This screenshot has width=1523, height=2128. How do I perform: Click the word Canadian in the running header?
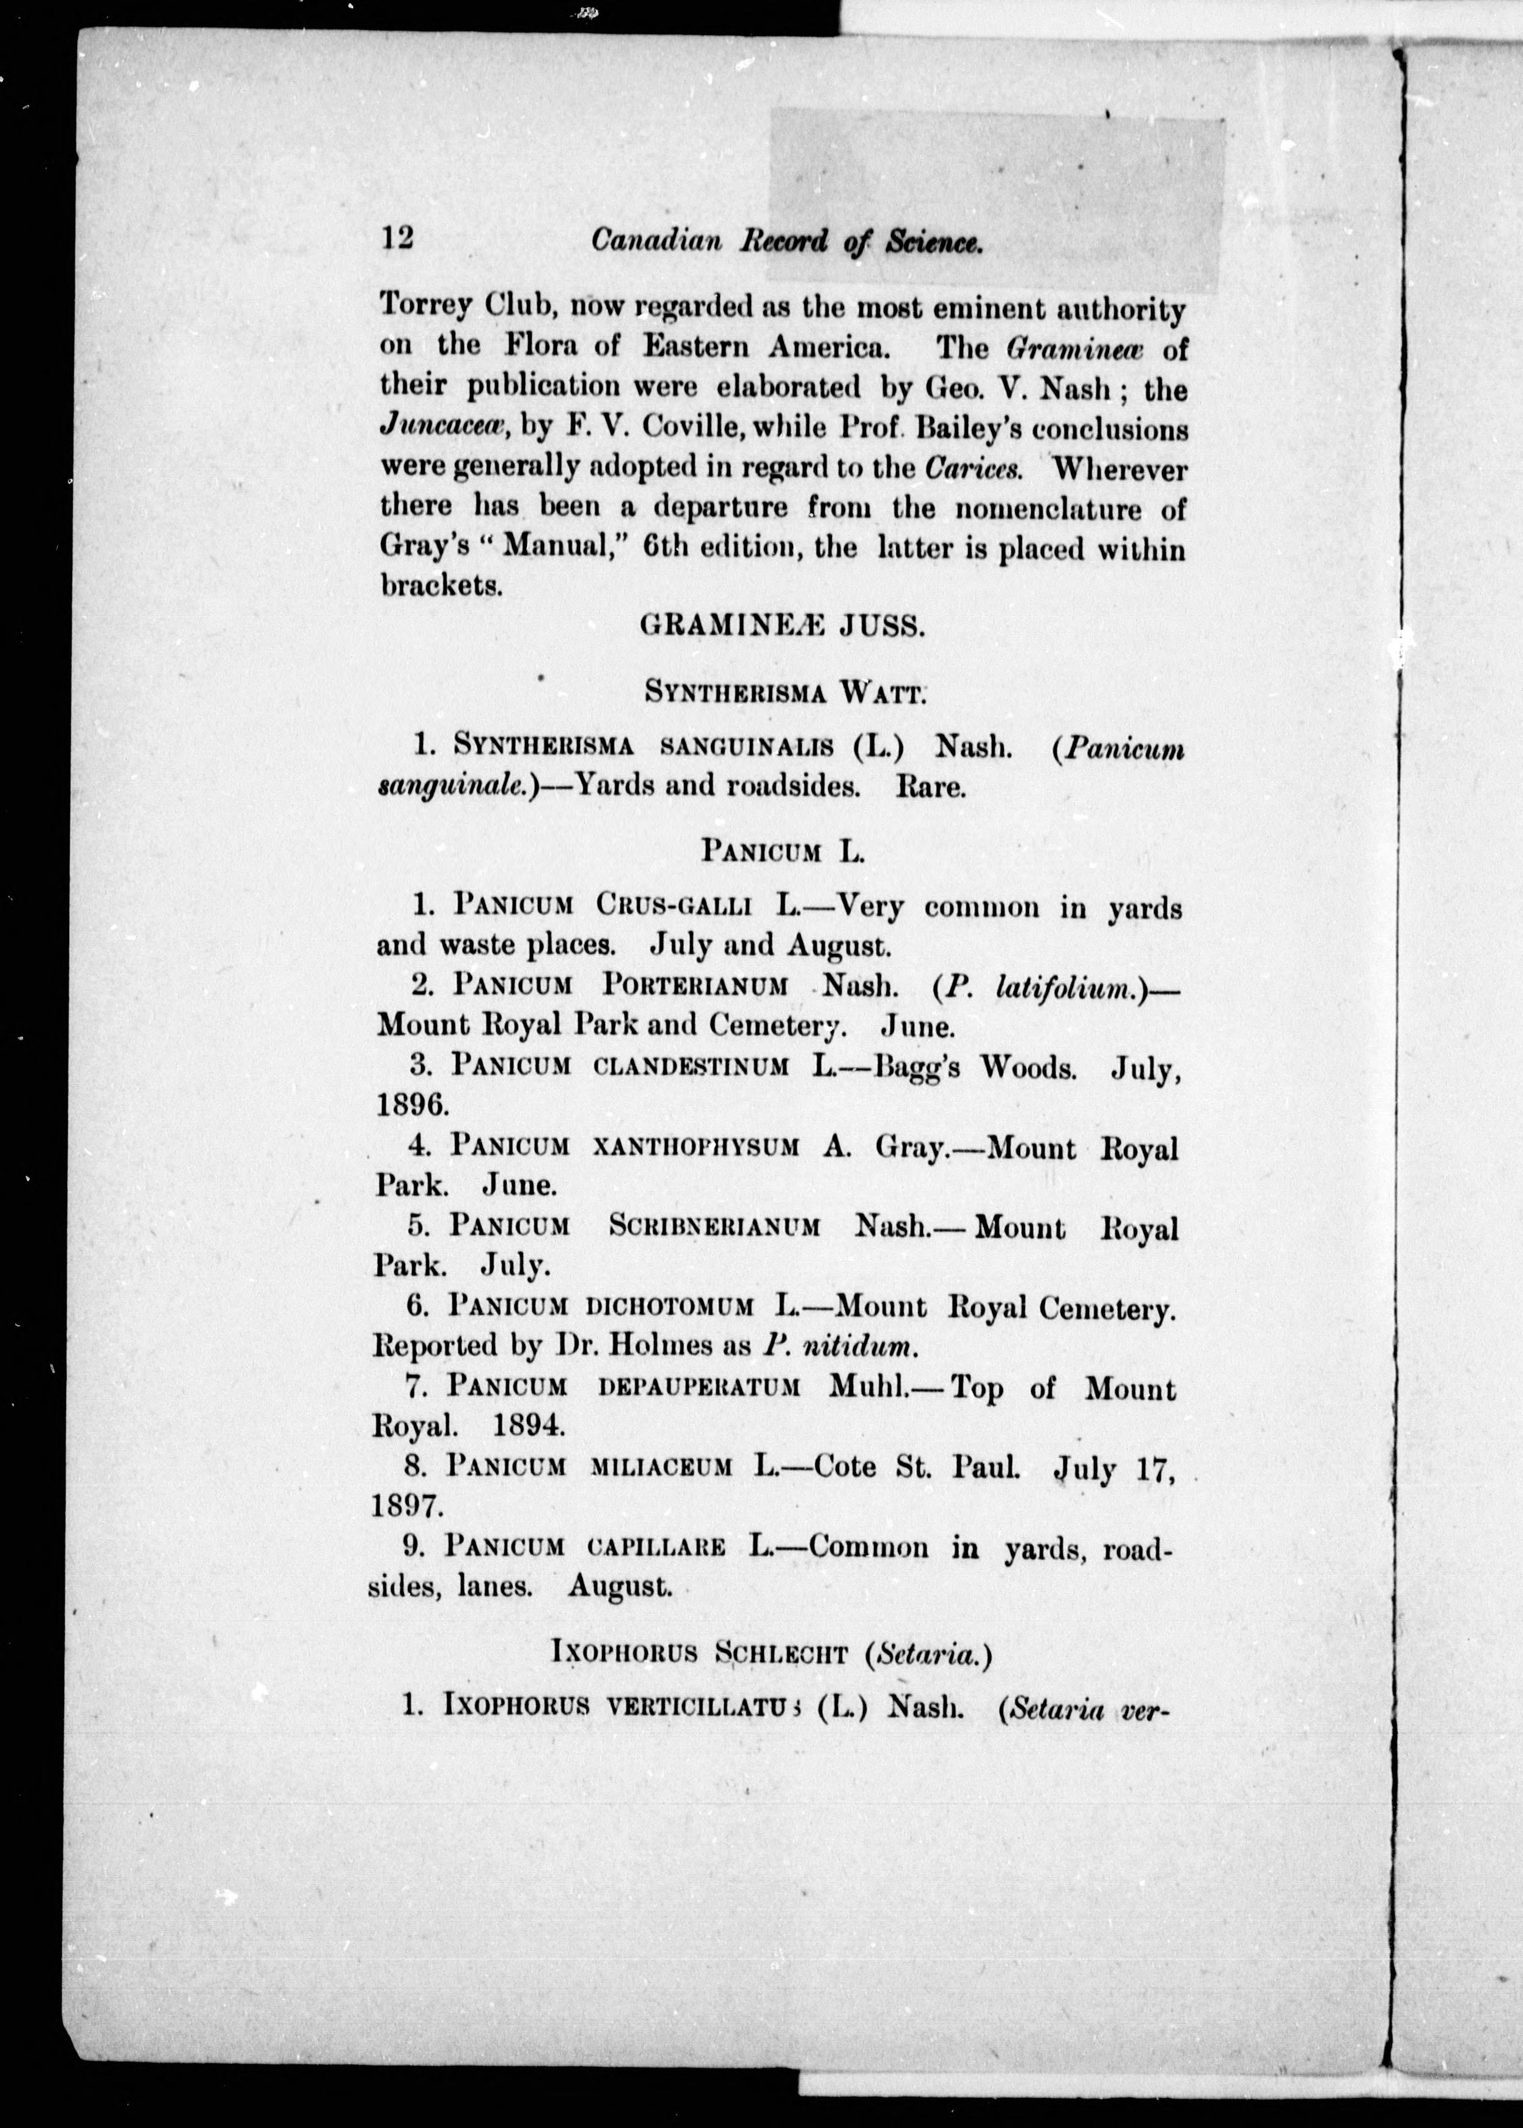pos(656,242)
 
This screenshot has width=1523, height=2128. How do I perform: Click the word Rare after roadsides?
pos(930,786)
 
